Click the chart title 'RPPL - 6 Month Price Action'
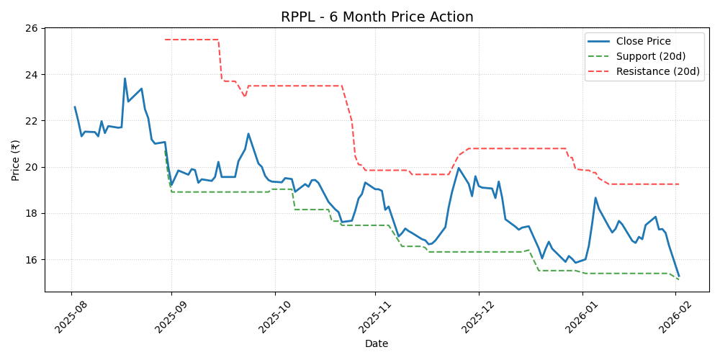coord(377,17)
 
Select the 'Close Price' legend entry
coord(643,42)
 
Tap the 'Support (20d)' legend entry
coord(650,56)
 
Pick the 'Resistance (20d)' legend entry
coord(657,71)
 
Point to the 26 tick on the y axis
coord(32,28)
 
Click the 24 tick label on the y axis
coord(32,75)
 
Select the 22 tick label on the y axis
coord(32,121)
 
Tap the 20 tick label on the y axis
coord(32,167)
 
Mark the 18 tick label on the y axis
coord(32,213)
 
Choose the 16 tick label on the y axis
coord(32,259)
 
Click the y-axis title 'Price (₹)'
coord(16,160)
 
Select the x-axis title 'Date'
coord(377,343)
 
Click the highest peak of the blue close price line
coord(125,78)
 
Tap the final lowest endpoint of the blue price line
coord(678,275)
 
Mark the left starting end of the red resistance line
coord(165,40)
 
